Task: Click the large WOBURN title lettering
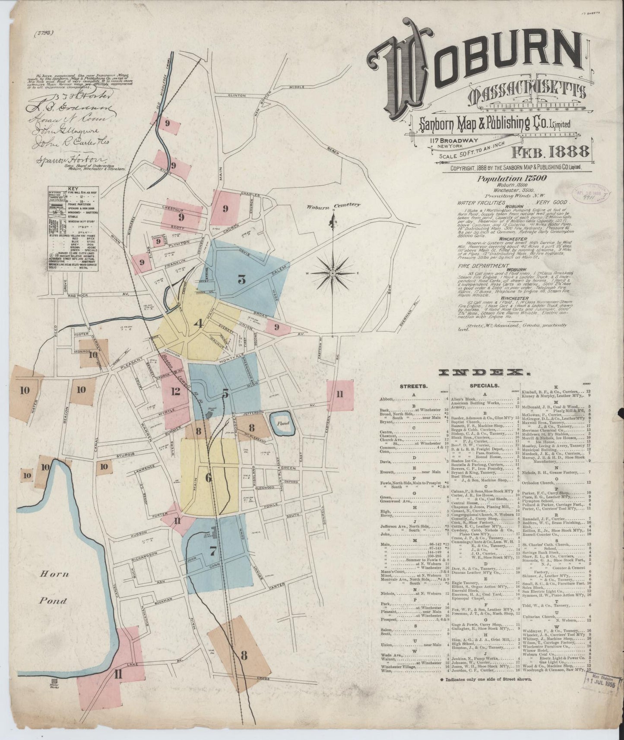point(475,65)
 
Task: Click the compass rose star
point(333,274)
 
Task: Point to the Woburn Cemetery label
point(333,206)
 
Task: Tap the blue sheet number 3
point(242,280)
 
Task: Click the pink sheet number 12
point(175,392)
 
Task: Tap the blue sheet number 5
point(225,394)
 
